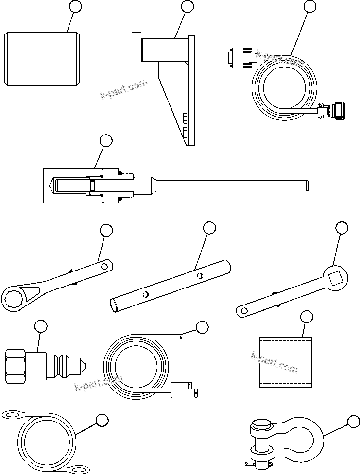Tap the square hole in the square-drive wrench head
pos(336,278)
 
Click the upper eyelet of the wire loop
pos(13,414)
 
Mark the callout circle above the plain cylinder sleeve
pos(75,6)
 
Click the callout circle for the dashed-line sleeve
pos(307,318)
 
